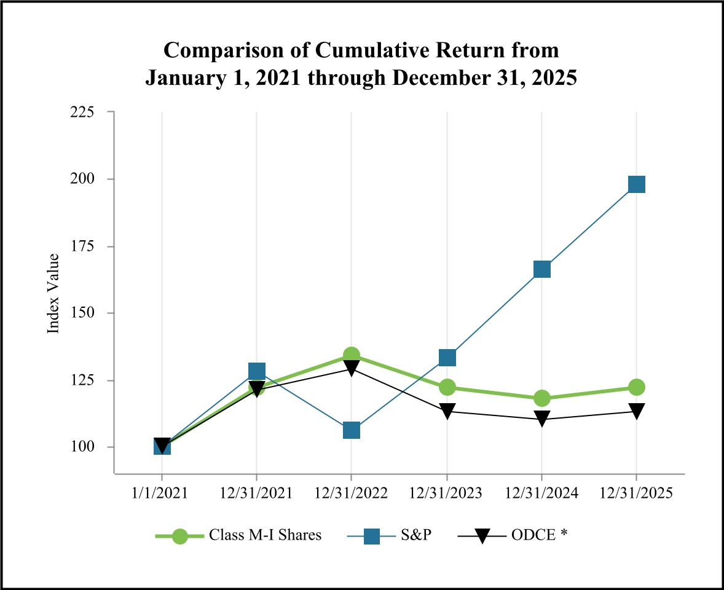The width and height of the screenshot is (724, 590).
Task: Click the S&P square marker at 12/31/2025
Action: [636, 184]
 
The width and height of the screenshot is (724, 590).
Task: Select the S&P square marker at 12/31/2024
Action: [541, 269]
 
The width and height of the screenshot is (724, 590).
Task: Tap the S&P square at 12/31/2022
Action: [352, 430]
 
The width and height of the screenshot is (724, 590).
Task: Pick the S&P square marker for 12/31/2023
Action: [447, 357]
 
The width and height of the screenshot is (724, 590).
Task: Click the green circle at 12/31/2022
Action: [352, 355]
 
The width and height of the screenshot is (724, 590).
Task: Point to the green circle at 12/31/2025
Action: [636, 387]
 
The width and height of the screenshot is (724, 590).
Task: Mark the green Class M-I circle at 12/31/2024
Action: [541, 398]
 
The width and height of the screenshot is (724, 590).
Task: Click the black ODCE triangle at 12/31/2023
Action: [447, 411]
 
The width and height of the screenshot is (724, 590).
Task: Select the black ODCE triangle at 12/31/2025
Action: [636, 411]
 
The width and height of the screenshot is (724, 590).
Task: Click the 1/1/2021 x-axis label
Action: [162, 494]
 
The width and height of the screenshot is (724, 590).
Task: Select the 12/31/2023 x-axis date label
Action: [447, 494]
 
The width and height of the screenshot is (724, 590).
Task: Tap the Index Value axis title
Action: [54, 294]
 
